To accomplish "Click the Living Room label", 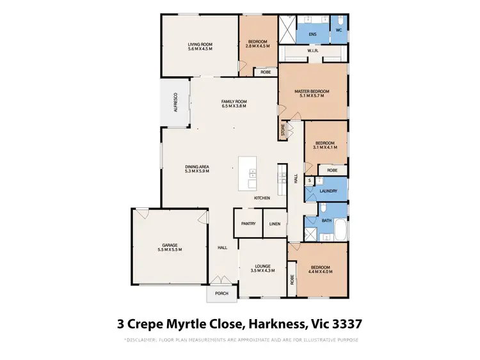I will click(200, 44).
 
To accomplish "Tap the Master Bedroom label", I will click(312, 91).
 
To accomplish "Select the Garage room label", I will click(170, 245).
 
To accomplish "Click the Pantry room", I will click(248, 224).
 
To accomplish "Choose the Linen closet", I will click(275, 224).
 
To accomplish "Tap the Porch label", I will click(221, 294).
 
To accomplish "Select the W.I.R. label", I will click(313, 51).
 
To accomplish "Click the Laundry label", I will click(328, 191).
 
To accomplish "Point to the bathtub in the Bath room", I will click(339, 230).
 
